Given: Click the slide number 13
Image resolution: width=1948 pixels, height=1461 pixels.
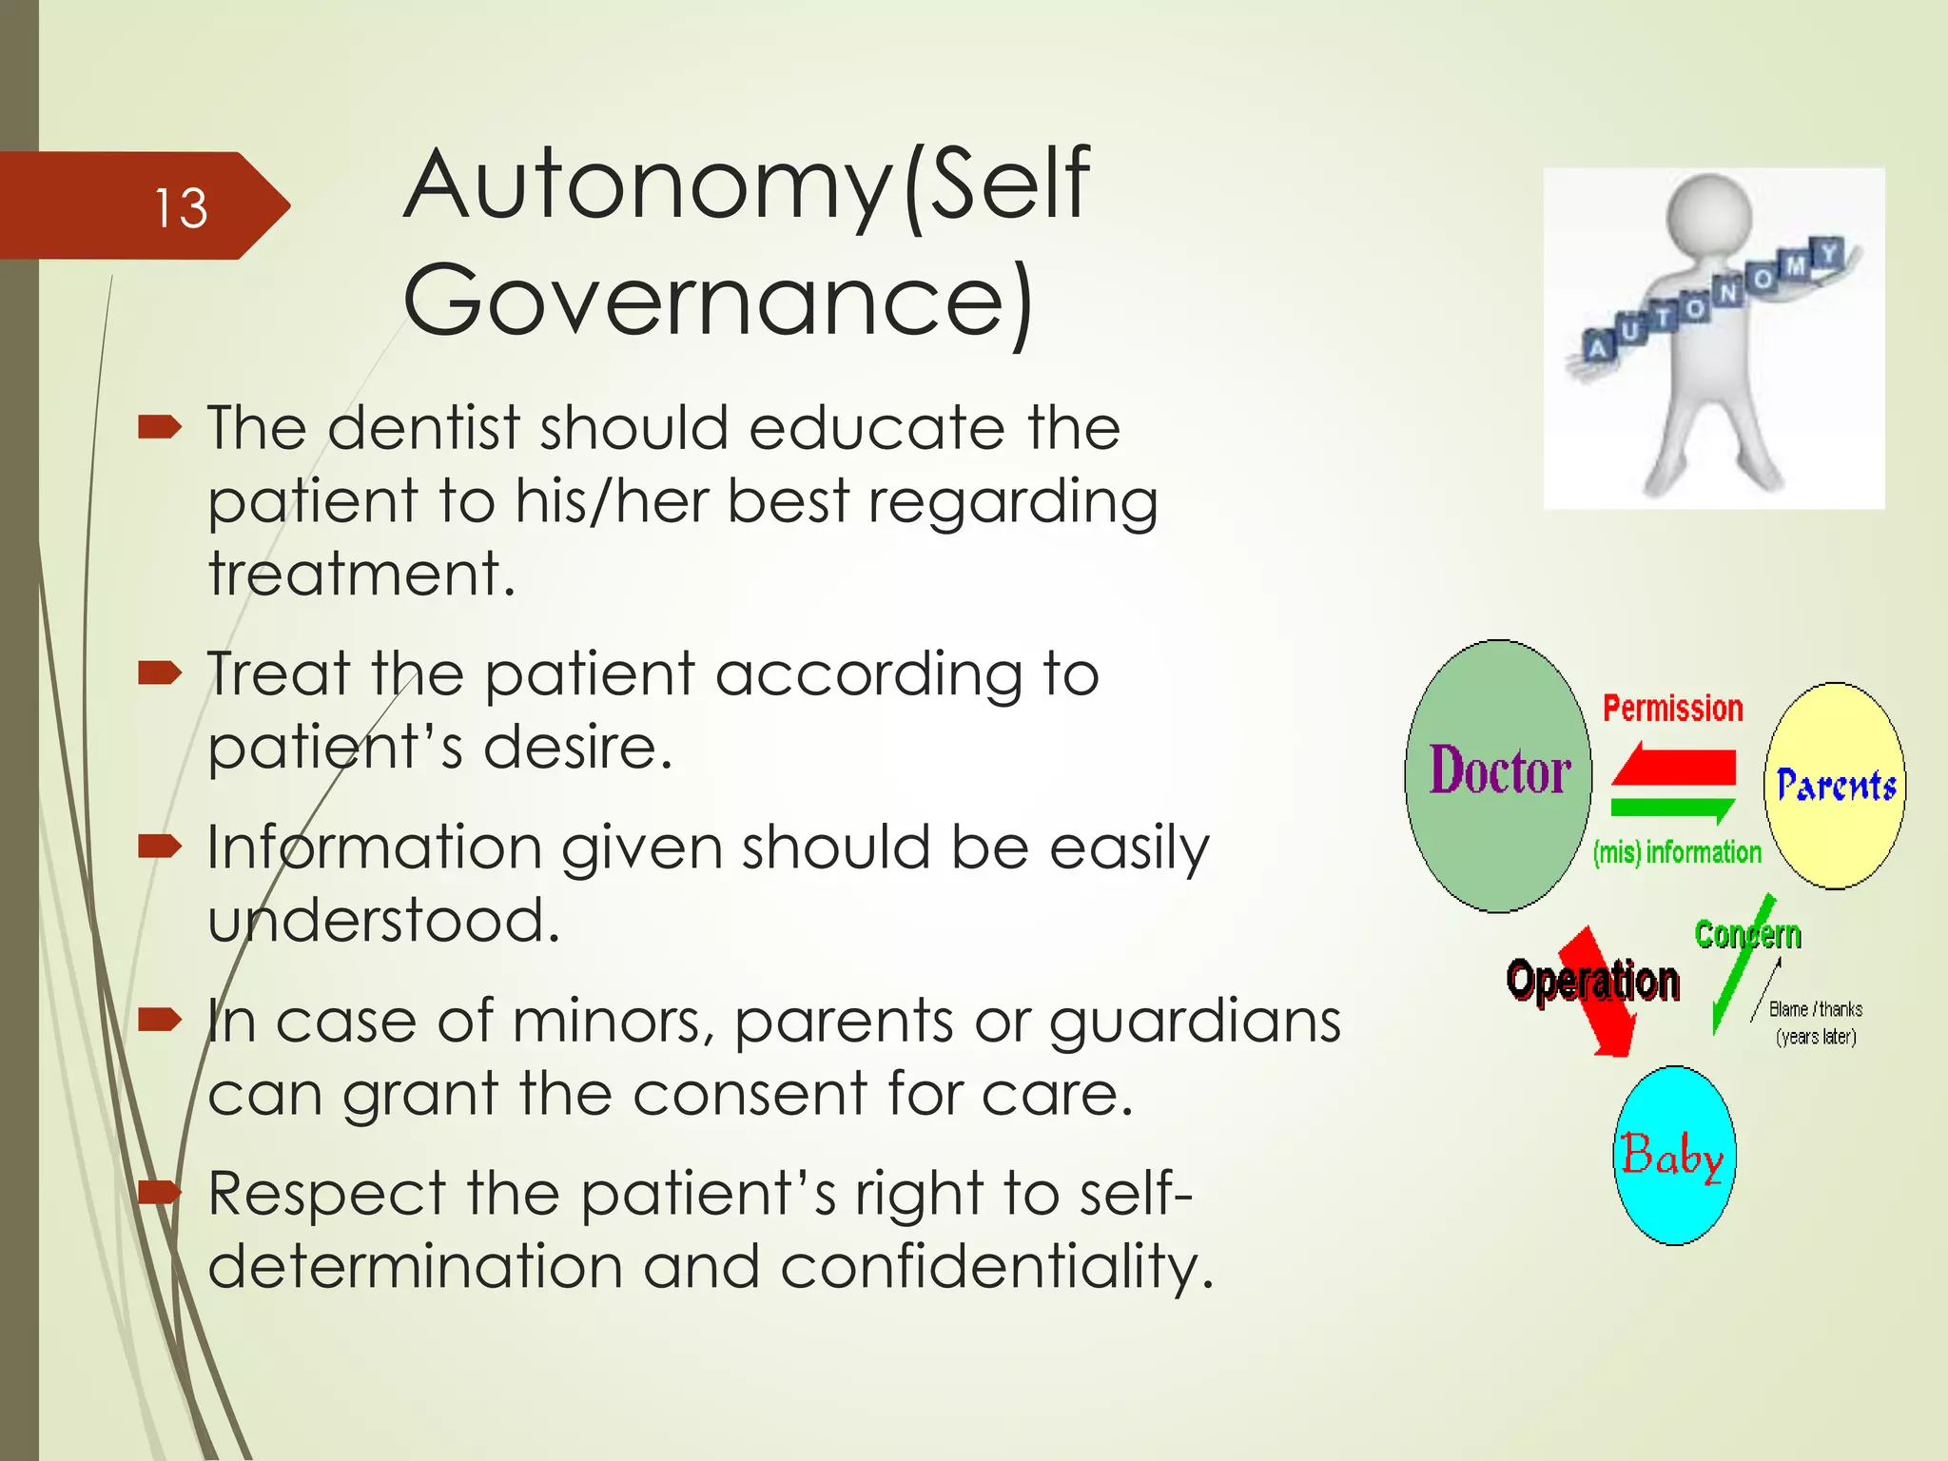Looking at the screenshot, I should (x=180, y=207).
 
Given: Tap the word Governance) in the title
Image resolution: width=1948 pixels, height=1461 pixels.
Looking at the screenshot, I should (x=718, y=300).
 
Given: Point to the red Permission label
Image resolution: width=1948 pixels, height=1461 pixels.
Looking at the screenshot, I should (x=1672, y=708).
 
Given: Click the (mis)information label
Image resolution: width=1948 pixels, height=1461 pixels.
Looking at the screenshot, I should (x=1677, y=852).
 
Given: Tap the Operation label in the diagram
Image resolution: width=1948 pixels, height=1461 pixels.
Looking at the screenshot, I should (x=1592, y=981).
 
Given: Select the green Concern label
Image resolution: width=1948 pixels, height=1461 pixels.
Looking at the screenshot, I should (x=1747, y=934).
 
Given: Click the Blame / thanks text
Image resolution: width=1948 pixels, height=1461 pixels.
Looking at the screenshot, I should (x=1815, y=1009).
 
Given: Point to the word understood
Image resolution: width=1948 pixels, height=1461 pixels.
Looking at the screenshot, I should (x=383, y=921).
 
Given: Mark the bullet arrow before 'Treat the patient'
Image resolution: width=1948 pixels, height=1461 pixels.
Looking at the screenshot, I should (x=159, y=674).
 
